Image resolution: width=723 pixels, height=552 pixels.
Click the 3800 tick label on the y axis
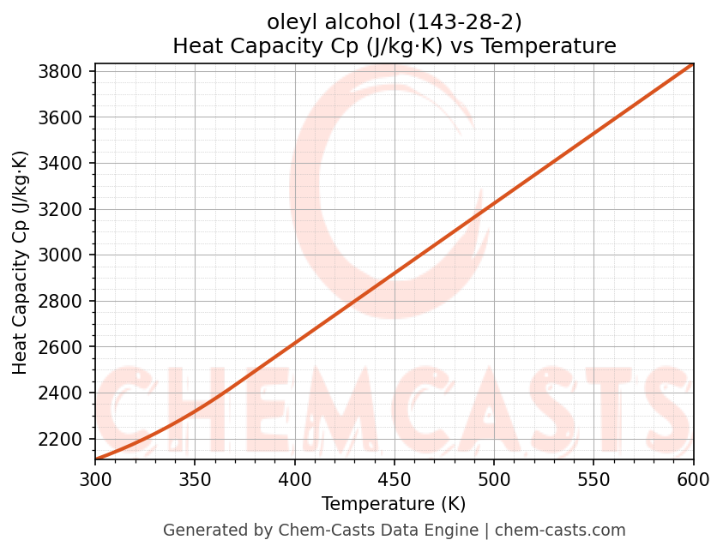(64, 71)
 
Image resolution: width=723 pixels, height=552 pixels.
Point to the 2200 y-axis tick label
(64, 439)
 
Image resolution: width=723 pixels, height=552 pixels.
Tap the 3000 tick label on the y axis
(64, 255)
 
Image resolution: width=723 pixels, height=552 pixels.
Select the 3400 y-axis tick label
(64, 163)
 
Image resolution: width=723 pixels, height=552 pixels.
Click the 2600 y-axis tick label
(64, 347)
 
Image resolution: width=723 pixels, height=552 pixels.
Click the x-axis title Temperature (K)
(394, 504)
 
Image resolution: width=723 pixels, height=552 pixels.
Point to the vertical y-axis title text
(21, 262)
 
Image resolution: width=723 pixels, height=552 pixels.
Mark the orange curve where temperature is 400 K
(294, 343)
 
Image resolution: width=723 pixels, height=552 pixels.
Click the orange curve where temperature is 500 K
(494, 203)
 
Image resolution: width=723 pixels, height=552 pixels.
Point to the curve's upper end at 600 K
(692, 64)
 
